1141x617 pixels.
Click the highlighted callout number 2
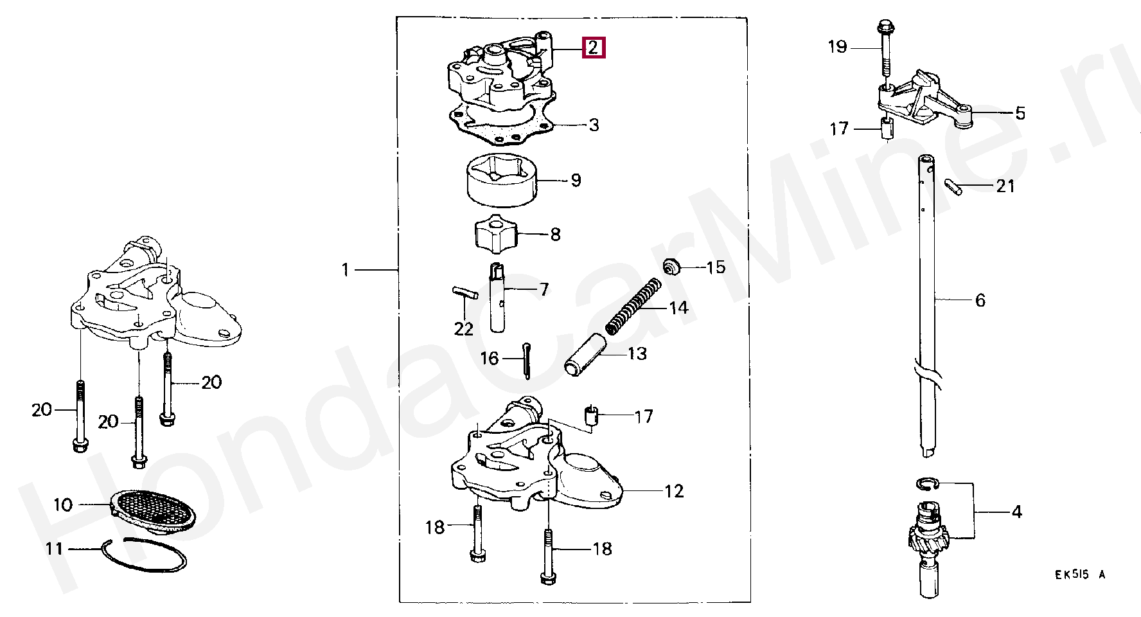point(593,48)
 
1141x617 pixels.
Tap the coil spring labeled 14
point(634,306)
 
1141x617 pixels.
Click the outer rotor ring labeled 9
point(500,181)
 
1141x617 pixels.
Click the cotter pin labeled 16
point(527,361)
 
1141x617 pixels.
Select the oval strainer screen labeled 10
point(153,510)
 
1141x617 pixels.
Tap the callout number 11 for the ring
point(55,548)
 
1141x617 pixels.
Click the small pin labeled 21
point(954,187)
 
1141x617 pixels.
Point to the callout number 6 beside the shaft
point(980,300)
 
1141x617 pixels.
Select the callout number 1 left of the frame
point(346,270)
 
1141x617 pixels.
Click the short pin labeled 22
point(463,293)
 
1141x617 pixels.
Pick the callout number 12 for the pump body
point(674,492)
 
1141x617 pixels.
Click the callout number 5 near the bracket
point(1020,114)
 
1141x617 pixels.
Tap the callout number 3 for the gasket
point(594,125)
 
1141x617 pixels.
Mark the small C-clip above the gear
point(927,484)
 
